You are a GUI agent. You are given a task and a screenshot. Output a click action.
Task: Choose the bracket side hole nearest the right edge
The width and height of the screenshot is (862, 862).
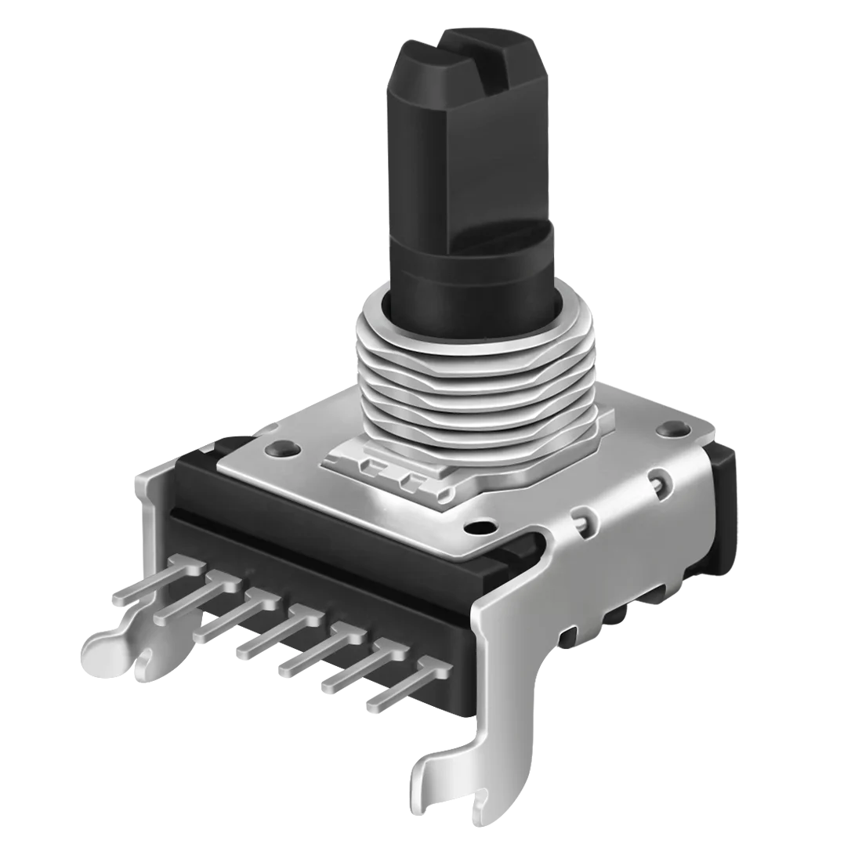tap(658, 478)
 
